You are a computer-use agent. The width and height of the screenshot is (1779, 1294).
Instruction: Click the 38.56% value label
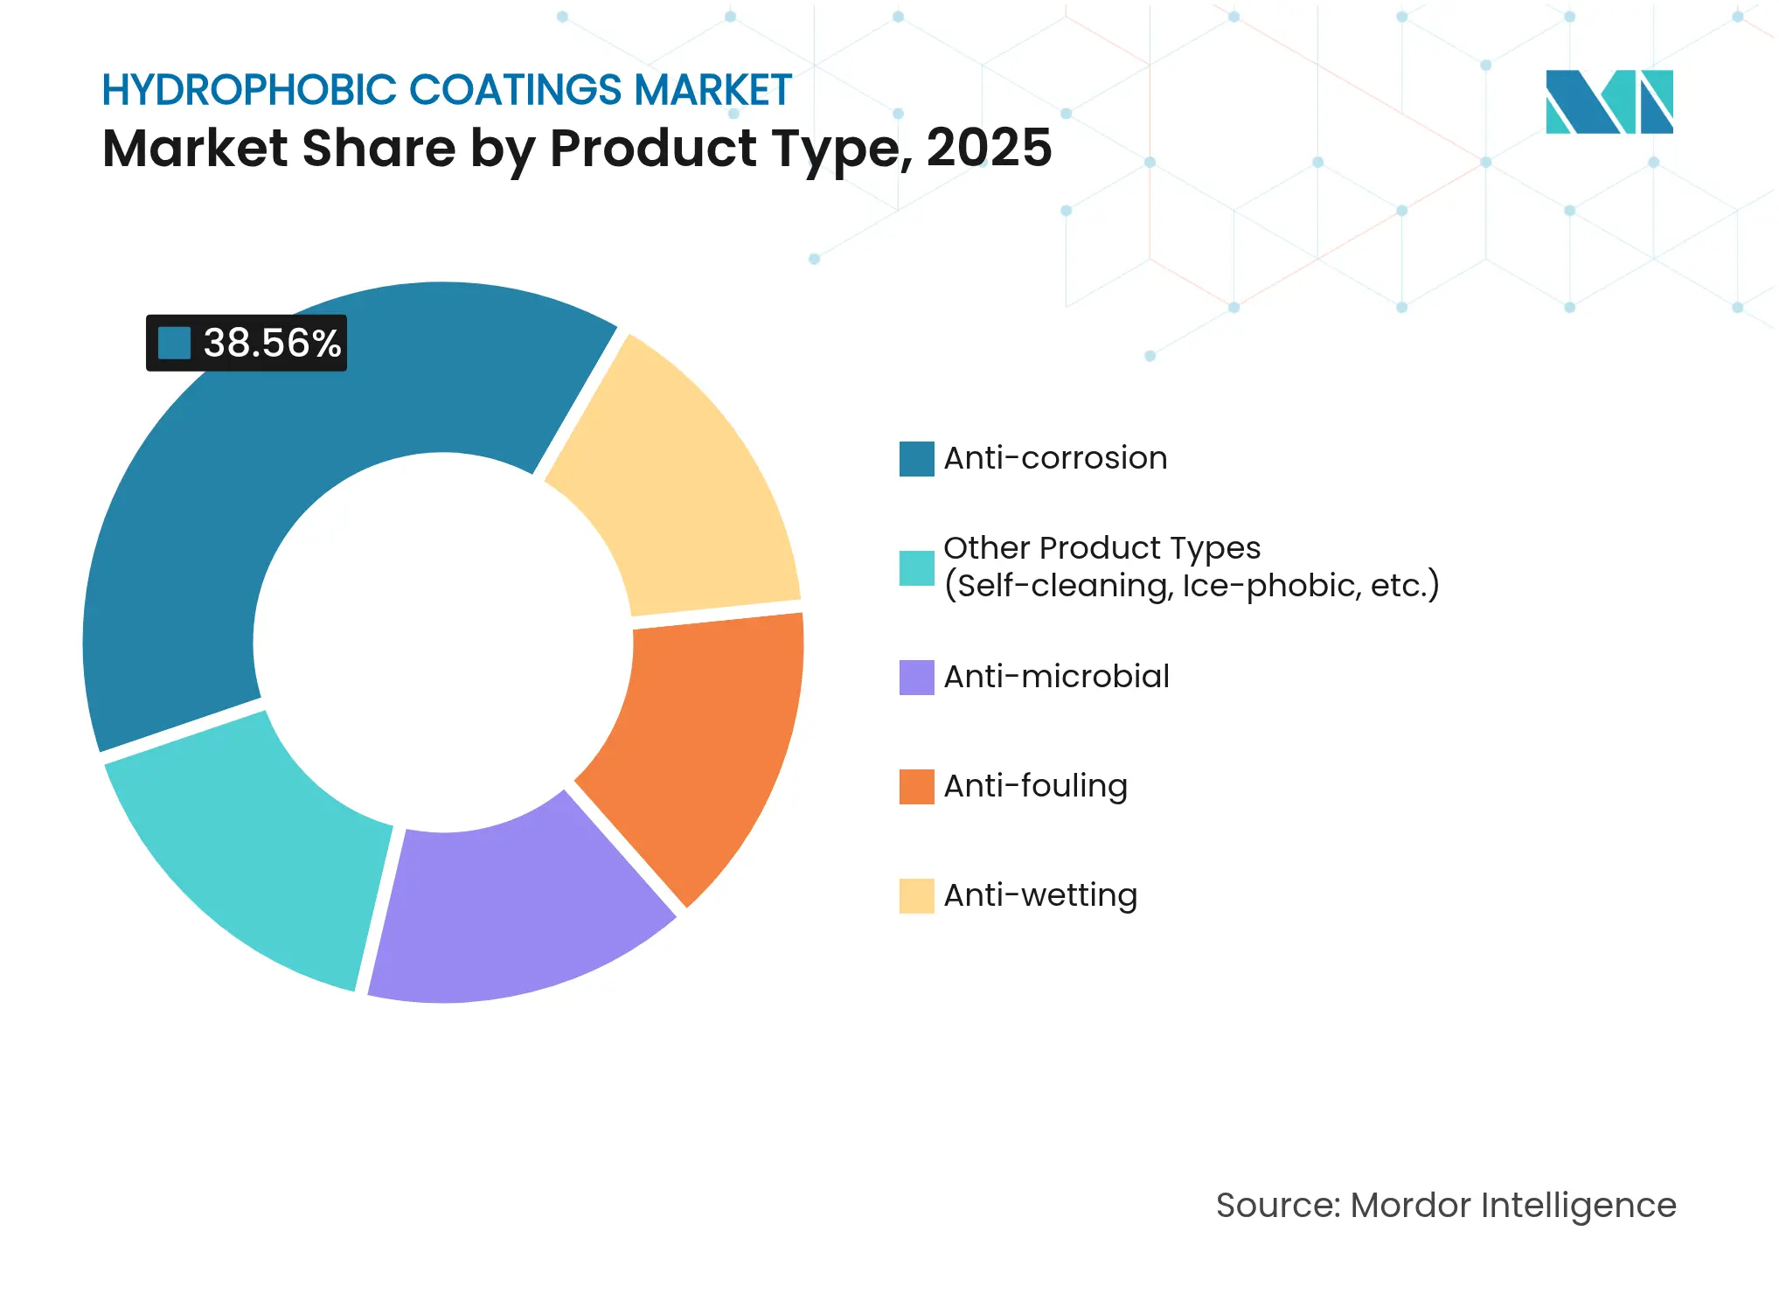(x=272, y=343)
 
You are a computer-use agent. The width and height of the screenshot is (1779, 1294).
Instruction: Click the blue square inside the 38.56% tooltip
(x=174, y=343)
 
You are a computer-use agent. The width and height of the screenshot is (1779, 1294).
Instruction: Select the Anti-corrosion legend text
(x=1055, y=458)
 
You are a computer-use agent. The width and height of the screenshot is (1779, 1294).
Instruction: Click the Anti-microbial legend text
(x=1056, y=677)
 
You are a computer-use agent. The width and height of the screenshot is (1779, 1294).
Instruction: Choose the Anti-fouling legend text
(x=1035, y=786)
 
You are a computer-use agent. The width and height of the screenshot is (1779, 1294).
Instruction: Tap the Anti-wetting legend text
(x=1040, y=895)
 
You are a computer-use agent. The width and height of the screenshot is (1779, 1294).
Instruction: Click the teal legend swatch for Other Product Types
(x=916, y=567)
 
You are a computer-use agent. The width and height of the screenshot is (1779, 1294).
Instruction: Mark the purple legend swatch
(x=916, y=677)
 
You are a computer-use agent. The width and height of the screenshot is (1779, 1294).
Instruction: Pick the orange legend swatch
(x=916, y=786)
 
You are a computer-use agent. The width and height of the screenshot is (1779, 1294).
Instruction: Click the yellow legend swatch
(x=916, y=895)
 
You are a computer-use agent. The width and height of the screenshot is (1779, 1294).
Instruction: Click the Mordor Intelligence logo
(x=1609, y=101)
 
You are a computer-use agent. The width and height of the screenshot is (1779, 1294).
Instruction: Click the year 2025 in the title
(x=989, y=148)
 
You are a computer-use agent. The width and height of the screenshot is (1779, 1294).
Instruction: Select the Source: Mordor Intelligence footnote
(x=1446, y=1205)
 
